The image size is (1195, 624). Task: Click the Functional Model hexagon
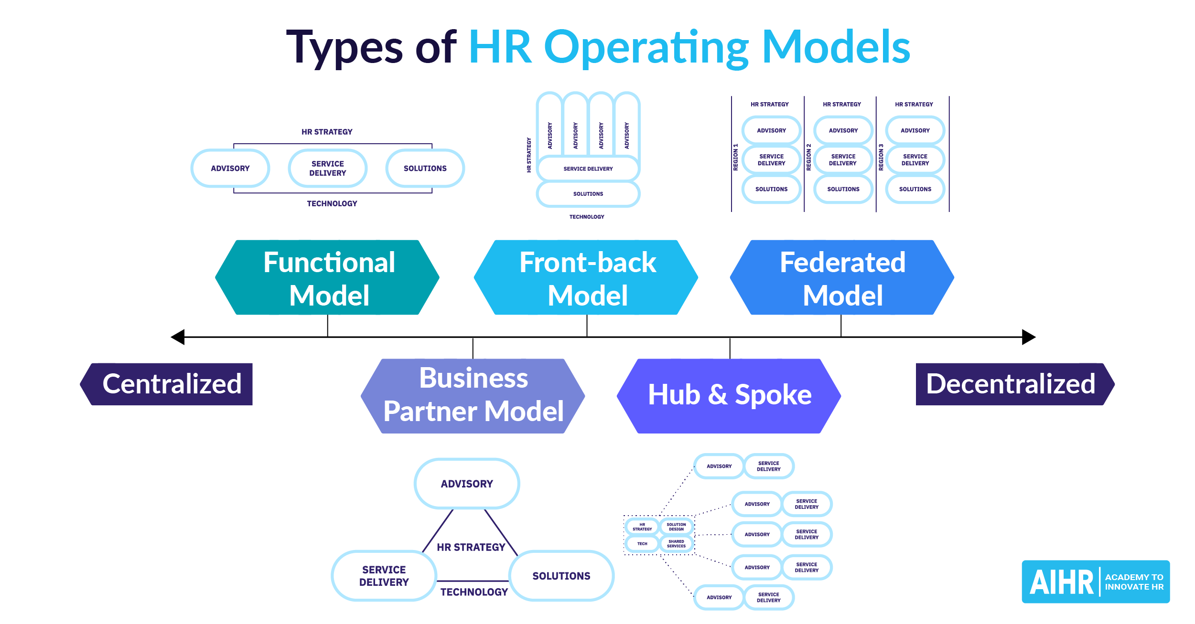click(327, 277)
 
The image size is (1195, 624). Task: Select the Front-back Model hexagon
click(586, 277)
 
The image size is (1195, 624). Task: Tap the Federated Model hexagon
click(842, 277)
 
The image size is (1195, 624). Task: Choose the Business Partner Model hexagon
click(473, 396)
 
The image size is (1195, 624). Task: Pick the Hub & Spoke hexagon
click(729, 396)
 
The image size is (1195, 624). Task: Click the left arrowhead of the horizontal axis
click(178, 337)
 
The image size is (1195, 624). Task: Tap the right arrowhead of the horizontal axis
click(1028, 337)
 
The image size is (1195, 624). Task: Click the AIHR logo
click(1095, 582)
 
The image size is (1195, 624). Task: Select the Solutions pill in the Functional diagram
click(425, 169)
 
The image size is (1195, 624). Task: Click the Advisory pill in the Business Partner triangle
click(467, 484)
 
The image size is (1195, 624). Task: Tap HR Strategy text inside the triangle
click(471, 547)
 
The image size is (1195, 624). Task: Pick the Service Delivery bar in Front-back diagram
click(588, 169)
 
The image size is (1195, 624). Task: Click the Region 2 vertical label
click(809, 157)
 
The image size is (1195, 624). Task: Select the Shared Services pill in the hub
click(676, 544)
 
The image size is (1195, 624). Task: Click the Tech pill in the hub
click(642, 544)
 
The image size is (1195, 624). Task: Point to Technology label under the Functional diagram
click(332, 203)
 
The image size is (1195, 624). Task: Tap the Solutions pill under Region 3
click(915, 189)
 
